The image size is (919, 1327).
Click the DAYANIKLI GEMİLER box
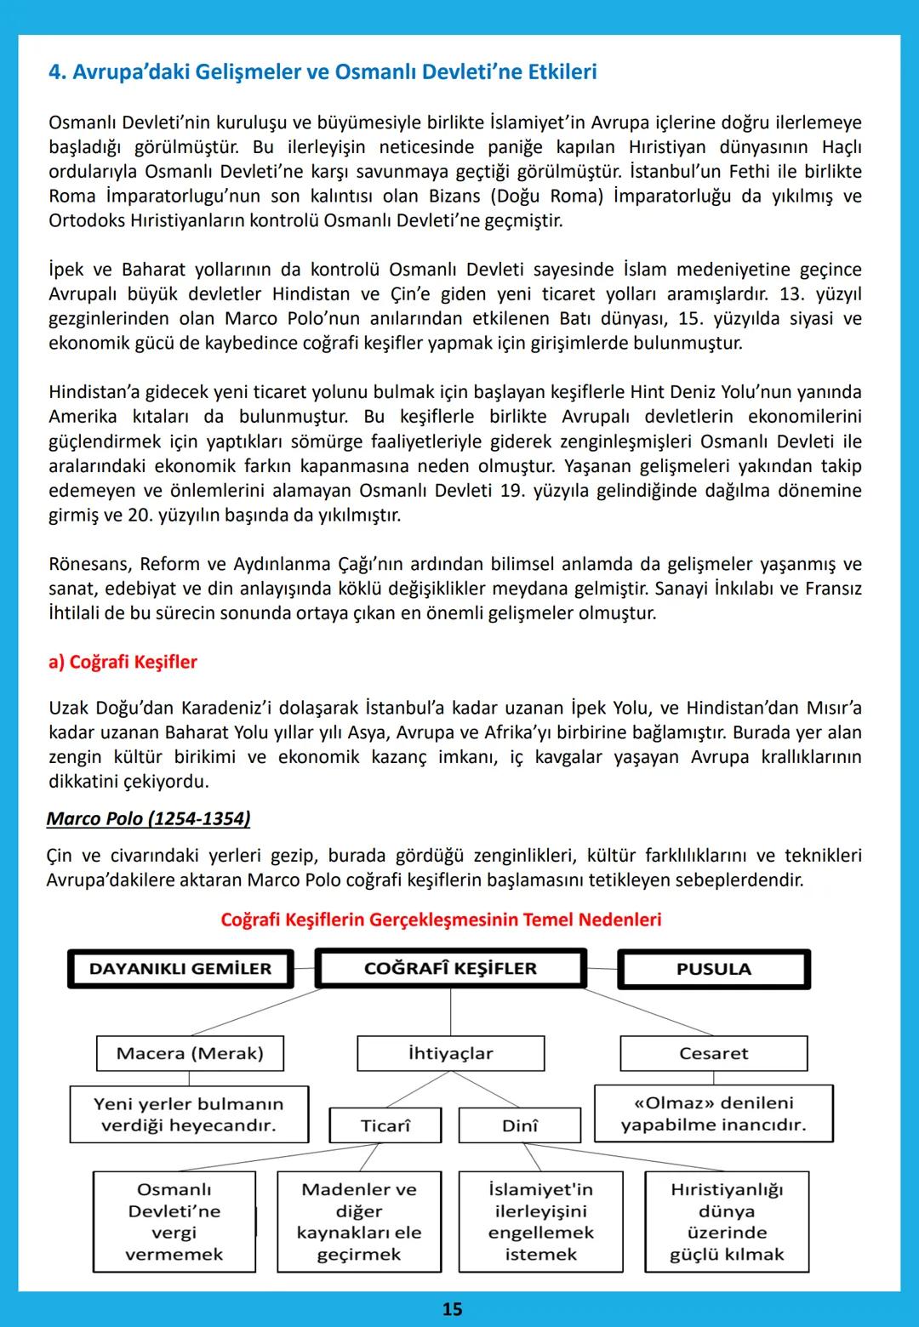pos(180,969)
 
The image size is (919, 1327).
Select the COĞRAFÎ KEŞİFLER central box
pos(450,969)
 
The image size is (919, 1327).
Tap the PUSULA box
pos(713,969)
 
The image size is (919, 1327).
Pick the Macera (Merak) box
pos(190,1053)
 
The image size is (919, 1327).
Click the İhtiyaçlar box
pos(450,1053)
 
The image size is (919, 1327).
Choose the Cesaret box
pos(713,1053)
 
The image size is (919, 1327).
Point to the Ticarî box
pos(385,1125)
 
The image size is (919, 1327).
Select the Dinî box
pos(519,1125)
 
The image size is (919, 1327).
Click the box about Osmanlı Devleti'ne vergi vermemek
pos(174,1222)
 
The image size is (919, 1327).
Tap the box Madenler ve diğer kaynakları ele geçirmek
pos(359,1222)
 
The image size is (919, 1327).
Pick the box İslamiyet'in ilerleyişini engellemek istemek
pos(540,1222)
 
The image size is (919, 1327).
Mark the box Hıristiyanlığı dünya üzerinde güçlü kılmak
pos(727,1222)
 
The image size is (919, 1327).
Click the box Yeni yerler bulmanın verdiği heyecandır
pos(189,1114)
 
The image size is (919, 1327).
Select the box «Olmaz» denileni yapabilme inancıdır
pos(713,1113)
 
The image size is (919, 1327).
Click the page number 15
pos(452,1309)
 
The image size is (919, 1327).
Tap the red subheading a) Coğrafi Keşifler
pos(123,662)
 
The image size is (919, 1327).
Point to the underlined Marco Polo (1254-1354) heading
pos(148,818)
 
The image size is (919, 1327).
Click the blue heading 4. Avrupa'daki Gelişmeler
pos(323,72)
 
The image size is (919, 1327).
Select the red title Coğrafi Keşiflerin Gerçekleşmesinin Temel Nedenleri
pos(441,920)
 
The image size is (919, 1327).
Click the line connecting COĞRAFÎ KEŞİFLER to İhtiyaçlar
pos(450,1012)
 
